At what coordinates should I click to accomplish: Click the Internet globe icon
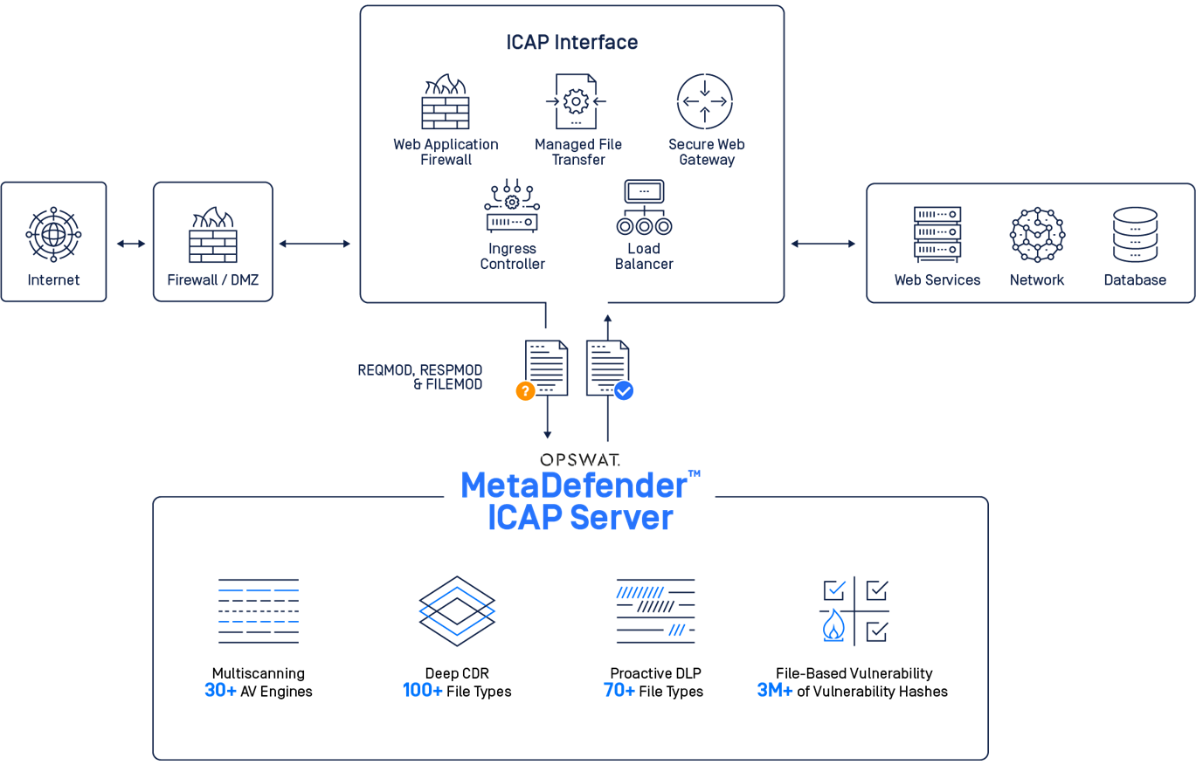53,234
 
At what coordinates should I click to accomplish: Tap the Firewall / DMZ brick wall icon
213,234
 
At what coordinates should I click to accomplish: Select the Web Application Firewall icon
446,101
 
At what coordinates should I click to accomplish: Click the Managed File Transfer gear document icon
576,101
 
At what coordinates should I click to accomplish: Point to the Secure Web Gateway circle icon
705,101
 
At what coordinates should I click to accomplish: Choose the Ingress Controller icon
512,205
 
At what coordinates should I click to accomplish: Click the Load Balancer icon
644,207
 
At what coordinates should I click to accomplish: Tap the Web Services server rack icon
937,234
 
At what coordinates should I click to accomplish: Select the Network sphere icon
1037,234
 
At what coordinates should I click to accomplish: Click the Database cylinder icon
1135,234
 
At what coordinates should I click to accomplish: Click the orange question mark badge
525,390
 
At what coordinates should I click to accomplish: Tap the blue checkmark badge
624,390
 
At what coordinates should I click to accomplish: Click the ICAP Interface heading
572,42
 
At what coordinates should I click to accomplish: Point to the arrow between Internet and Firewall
131,244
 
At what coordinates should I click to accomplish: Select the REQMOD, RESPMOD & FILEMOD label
420,377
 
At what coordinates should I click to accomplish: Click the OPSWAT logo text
580,459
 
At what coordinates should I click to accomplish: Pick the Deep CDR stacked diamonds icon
457,611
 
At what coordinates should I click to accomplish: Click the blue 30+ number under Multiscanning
220,690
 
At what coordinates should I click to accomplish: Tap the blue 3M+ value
774,690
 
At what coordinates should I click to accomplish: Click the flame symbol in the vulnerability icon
833,625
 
